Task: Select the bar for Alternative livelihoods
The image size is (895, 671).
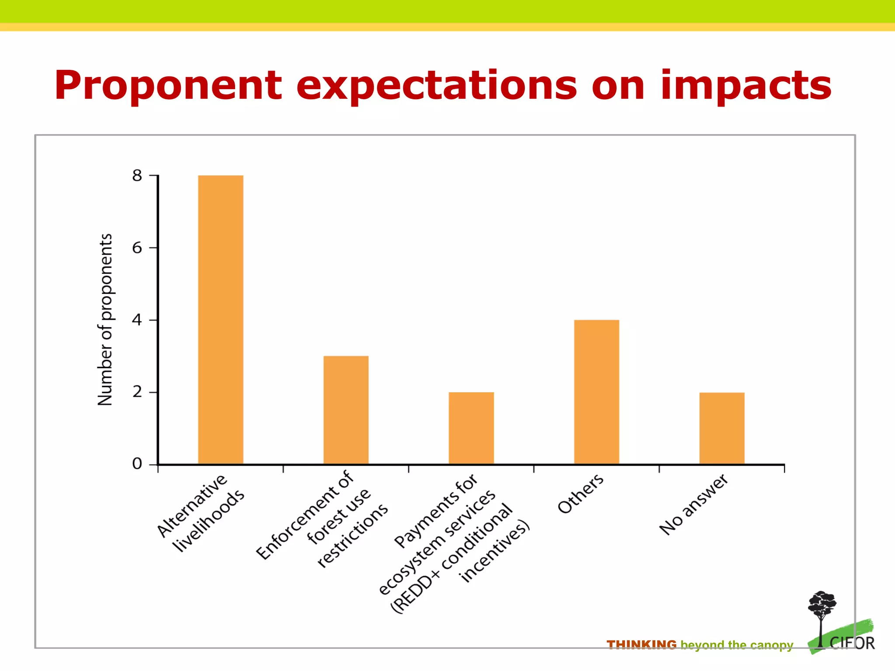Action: pyautogui.click(x=220, y=319)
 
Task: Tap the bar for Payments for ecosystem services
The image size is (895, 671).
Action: pyautogui.click(x=471, y=428)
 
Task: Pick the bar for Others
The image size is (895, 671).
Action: pyautogui.click(x=597, y=392)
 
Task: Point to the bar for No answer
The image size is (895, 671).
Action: pyautogui.click(x=722, y=428)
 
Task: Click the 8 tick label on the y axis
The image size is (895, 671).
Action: pyautogui.click(x=137, y=176)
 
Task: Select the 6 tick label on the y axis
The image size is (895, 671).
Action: pyautogui.click(x=137, y=248)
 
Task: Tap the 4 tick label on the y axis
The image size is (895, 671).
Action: pyautogui.click(x=137, y=320)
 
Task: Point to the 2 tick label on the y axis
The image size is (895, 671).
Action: pyautogui.click(x=137, y=392)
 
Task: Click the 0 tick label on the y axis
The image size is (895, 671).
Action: pyautogui.click(x=137, y=464)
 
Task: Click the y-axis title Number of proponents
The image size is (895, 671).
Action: pyautogui.click(x=105, y=319)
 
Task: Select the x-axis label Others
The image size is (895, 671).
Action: pyautogui.click(x=580, y=494)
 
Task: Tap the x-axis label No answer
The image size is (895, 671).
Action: pyautogui.click(x=694, y=505)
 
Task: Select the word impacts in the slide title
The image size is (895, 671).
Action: pyautogui.click(x=746, y=86)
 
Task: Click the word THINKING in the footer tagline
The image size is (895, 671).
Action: pyautogui.click(x=641, y=645)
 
